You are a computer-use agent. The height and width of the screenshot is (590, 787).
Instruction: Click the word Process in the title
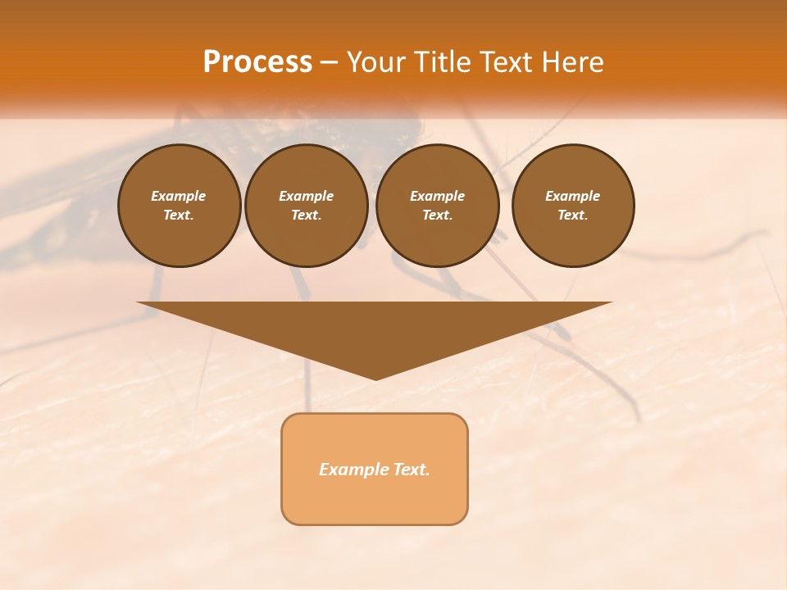coord(257,62)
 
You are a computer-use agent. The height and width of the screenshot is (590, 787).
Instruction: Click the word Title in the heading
coord(439,62)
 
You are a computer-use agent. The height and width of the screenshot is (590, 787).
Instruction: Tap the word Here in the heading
coord(571,62)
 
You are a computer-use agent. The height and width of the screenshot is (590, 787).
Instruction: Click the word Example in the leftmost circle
coord(179,196)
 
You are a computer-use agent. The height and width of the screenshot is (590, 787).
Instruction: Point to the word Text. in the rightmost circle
coord(573,216)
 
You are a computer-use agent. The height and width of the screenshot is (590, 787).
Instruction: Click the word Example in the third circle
coord(438,196)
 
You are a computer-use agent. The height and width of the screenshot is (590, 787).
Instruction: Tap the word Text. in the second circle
coord(307,216)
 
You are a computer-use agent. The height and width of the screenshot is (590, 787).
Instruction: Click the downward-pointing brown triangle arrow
coord(375,328)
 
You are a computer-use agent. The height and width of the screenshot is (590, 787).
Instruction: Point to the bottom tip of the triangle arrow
coord(375,379)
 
